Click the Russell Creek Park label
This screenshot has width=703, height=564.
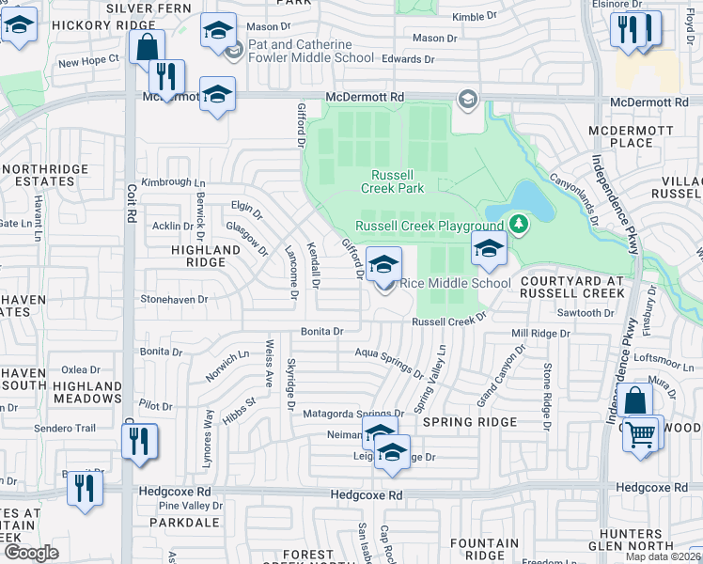click(x=398, y=181)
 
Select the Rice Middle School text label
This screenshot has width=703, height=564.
click(x=456, y=283)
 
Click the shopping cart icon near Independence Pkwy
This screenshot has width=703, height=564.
click(x=641, y=435)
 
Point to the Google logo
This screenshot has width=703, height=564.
click(x=31, y=553)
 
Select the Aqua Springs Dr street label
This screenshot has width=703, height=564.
click(x=388, y=360)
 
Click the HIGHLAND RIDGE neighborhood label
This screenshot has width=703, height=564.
click(x=206, y=257)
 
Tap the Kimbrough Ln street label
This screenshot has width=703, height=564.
click(x=173, y=181)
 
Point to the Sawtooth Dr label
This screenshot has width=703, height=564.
click(x=585, y=313)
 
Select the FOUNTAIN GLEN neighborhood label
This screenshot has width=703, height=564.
click(x=485, y=549)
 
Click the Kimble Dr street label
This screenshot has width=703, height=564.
click(x=474, y=17)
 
